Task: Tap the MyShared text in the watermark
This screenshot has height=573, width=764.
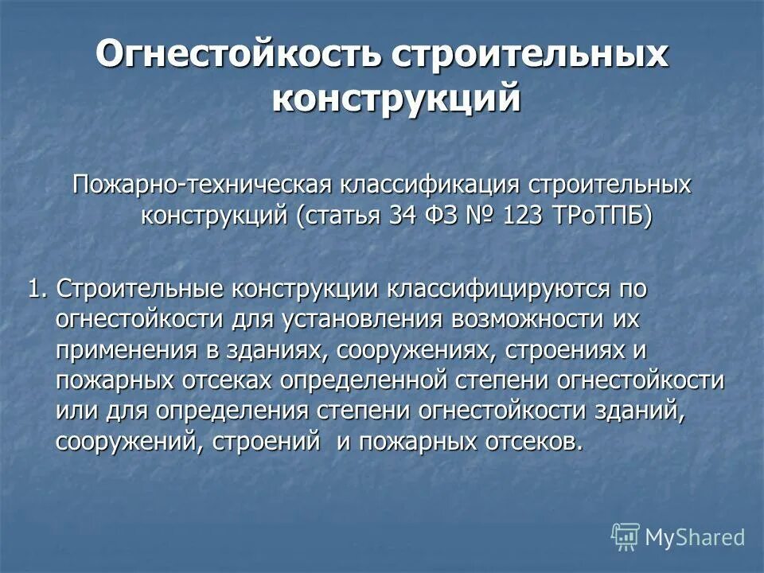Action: (695, 537)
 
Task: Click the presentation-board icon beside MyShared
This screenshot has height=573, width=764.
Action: (626, 538)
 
